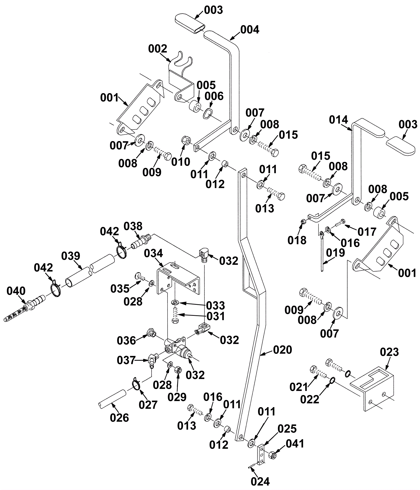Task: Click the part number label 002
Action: (157, 49)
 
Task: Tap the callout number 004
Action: (250, 30)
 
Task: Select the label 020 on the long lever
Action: (282, 350)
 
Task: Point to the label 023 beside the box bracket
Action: (389, 352)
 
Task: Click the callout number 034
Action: (153, 253)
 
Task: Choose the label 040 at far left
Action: (16, 291)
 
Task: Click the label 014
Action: (339, 120)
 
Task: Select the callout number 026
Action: (119, 418)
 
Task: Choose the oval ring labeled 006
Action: (208, 113)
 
